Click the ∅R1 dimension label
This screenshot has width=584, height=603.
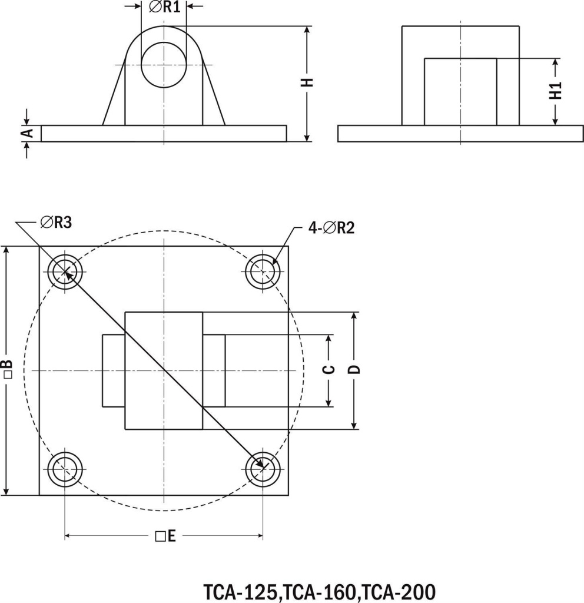coord(164,8)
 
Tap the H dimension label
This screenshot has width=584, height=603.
coord(307,82)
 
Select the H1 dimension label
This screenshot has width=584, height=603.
coord(556,91)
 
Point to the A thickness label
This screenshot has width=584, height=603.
coord(26,134)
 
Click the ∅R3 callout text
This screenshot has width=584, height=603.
coord(57,222)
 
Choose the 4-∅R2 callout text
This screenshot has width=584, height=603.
coord(331,227)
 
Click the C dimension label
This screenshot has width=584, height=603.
coord(330,370)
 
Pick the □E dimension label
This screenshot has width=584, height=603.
coord(165,536)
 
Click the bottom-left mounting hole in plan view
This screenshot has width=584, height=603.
coord(65,469)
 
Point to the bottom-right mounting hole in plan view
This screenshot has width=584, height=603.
coord(263,469)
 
